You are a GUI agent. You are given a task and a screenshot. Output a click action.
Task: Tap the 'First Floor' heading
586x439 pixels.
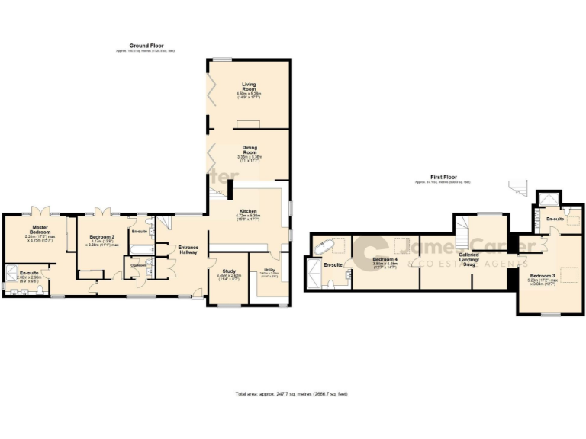pyautogui.click(x=443, y=178)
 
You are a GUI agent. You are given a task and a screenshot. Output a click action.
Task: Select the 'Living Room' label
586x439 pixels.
pyautogui.click(x=249, y=85)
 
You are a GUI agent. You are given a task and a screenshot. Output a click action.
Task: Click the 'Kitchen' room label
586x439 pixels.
pyautogui.click(x=248, y=211)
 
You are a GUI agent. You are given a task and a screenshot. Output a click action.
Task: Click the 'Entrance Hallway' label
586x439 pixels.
pyautogui.click(x=188, y=251)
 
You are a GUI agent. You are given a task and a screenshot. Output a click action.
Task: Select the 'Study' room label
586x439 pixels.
pyautogui.click(x=229, y=271)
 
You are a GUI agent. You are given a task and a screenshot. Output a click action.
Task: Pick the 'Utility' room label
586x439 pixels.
pyautogui.click(x=269, y=270)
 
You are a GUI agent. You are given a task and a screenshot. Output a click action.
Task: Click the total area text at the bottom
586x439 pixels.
pyautogui.click(x=291, y=394)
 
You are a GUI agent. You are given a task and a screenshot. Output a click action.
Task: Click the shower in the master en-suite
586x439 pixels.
pyautogui.click(x=12, y=271)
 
